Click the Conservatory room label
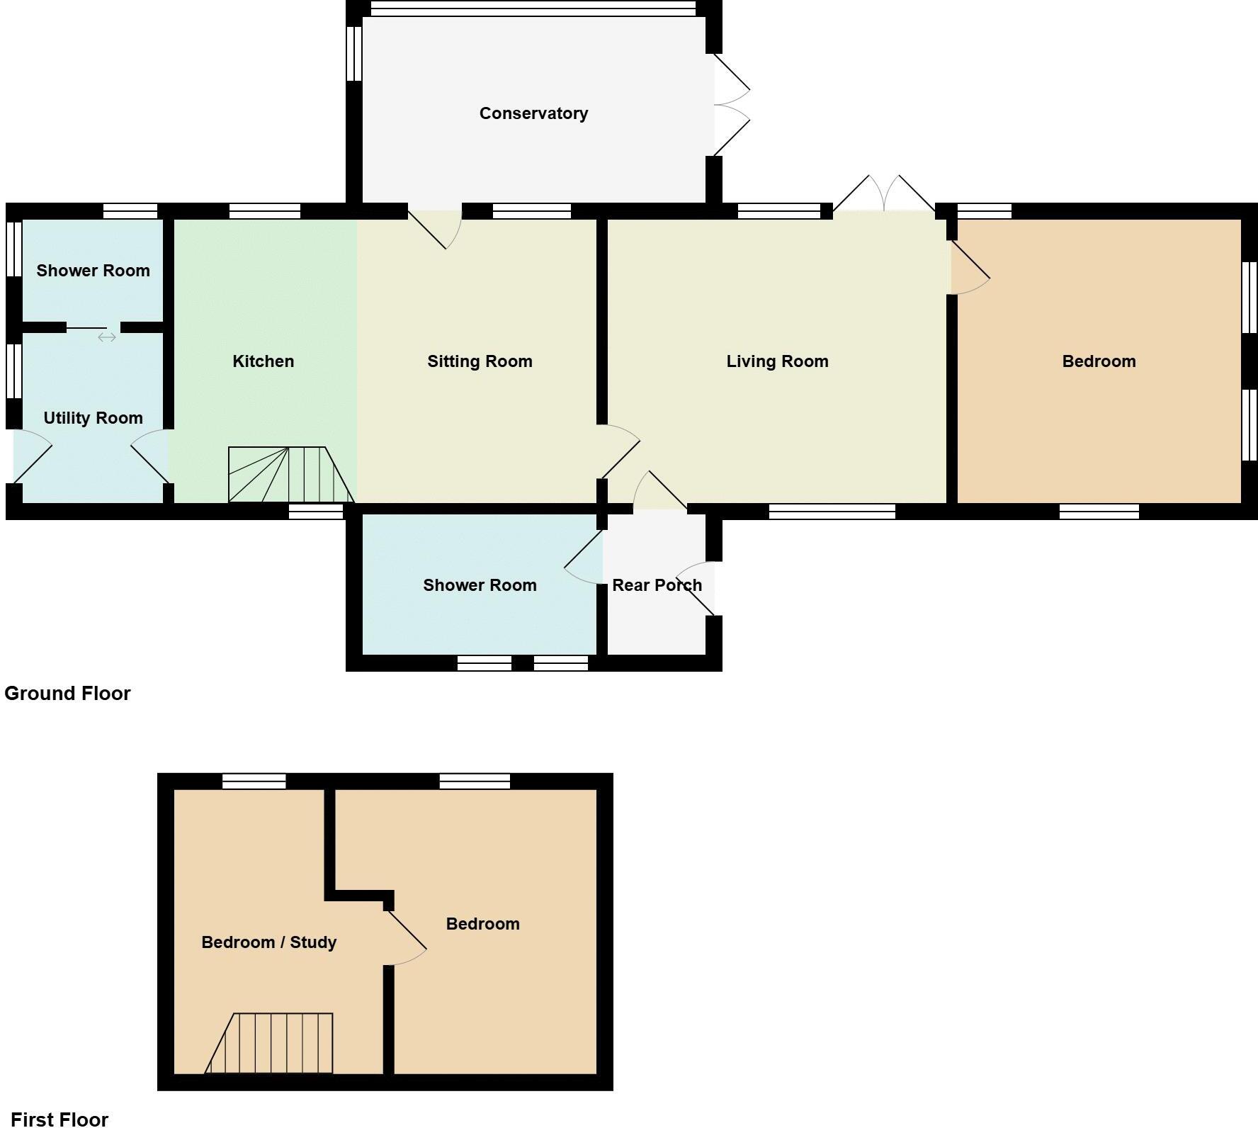(x=533, y=113)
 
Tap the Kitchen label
(x=263, y=361)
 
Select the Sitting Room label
(x=480, y=361)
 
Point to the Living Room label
(x=777, y=361)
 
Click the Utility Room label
(x=93, y=418)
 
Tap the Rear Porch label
(x=657, y=585)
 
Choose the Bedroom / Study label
(x=268, y=942)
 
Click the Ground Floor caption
(x=67, y=693)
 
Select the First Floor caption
(x=59, y=1119)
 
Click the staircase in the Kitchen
(x=290, y=475)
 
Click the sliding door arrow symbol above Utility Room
(x=107, y=337)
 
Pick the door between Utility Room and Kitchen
(x=151, y=461)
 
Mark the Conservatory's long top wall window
(x=533, y=9)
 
